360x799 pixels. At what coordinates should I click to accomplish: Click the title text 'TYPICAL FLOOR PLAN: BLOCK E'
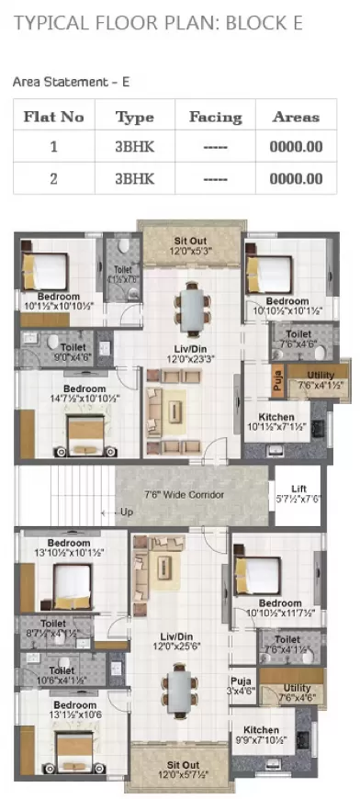click(157, 24)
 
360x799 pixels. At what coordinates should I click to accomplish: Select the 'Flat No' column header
click(53, 118)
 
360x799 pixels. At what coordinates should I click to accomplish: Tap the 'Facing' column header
click(215, 118)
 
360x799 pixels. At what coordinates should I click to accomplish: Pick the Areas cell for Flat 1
click(296, 146)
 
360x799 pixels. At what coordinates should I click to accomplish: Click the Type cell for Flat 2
click(134, 178)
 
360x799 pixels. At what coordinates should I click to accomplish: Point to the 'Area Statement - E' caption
click(71, 82)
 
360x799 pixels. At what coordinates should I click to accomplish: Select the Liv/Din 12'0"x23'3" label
click(191, 356)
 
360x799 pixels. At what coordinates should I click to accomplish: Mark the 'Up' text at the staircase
click(127, 511)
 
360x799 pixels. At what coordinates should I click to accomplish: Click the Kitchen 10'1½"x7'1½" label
click(276, 422)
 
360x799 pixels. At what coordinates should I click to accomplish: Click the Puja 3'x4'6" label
click(242, 687)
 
